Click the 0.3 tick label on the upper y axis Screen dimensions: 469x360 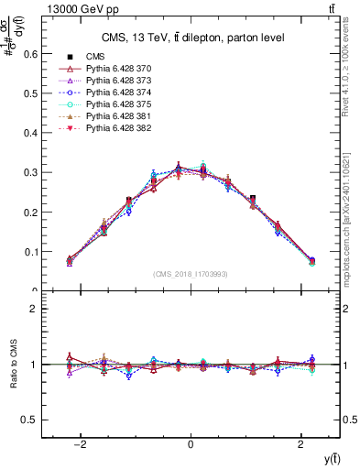point(30,172)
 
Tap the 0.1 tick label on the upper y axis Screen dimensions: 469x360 point(30,251)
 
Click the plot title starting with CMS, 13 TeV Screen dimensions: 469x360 point(191,37)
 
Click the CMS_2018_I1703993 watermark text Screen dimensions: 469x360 point(191,273)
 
